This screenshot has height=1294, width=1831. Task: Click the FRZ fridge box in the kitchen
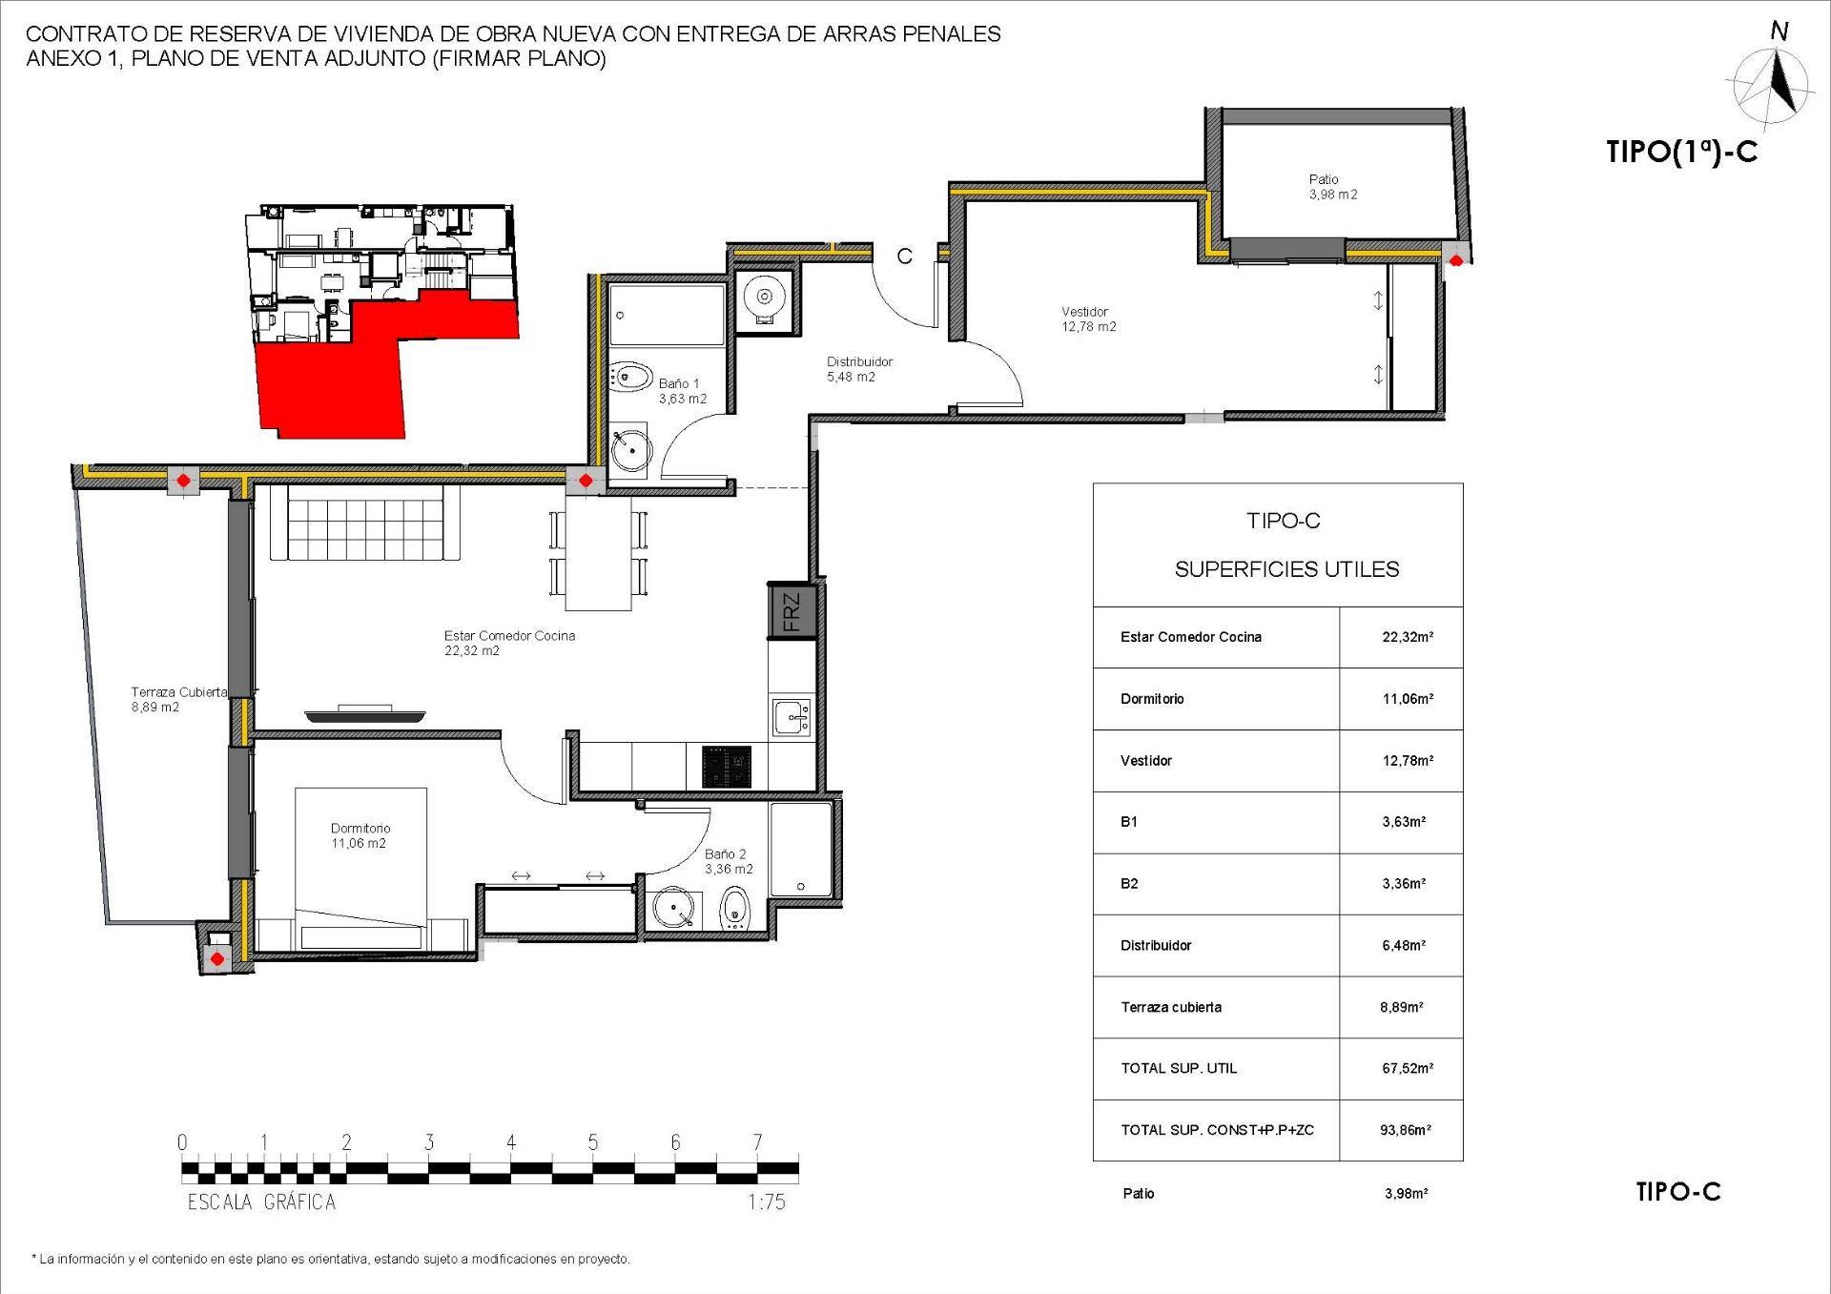[792, 611]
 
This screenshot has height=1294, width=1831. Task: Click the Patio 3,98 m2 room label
[1331, 187]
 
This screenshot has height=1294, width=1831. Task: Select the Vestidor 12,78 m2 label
[1088, 319]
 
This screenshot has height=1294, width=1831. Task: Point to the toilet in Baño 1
[628, 378]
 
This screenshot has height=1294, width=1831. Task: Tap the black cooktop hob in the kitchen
[727, 767]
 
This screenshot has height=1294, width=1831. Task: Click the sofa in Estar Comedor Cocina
[365, 523]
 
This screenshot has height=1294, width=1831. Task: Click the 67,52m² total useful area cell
[1407, 1068]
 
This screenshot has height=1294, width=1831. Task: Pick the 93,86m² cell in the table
[1405, 1130]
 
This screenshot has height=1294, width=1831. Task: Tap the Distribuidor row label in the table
[1156, 945]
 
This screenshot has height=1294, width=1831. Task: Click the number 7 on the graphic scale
[757, 1142]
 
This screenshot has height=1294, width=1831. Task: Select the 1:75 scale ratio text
[767, 1202]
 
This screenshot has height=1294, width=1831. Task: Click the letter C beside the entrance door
[905, 256]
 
